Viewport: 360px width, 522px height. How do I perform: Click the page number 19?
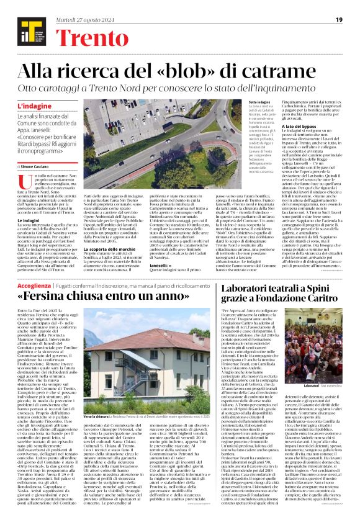(339, 20)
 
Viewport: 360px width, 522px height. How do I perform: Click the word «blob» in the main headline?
(201, 73)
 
